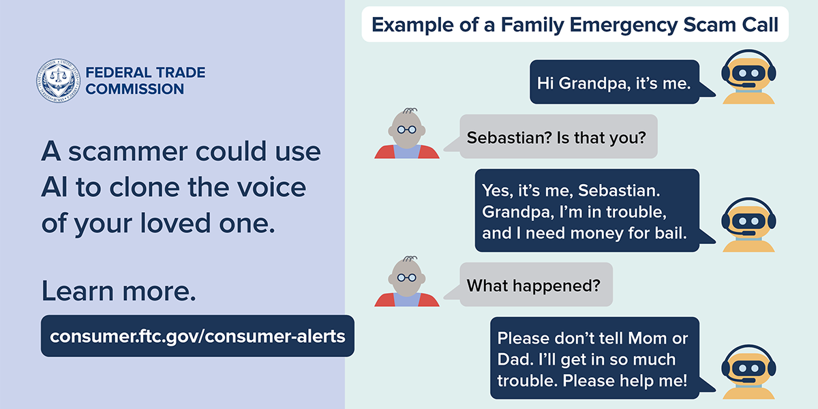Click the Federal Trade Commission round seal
(58, 80)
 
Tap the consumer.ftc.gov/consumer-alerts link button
(198, 336)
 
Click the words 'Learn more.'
(119, 290)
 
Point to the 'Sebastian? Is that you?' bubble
(551, 136)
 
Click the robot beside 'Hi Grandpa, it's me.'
(748, 77)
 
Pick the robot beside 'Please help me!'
(748, 372)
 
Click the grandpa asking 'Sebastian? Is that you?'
(407, 134)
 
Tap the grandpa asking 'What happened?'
(407, 281)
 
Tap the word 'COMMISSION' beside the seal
(135, 89)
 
